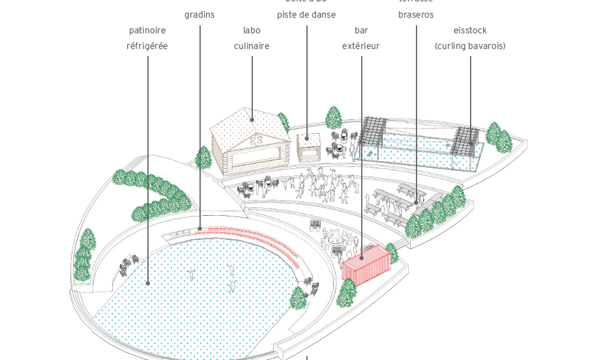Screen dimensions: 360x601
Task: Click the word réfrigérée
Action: coord(147,46)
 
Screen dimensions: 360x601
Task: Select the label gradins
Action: coord(199,15)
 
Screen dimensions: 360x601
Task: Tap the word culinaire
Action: coord(252,46)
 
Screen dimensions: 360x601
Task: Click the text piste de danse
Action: coord(306,15)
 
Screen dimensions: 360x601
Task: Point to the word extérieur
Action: coord(360,46)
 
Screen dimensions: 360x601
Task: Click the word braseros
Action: coord(416,15)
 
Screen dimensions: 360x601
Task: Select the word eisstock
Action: coord(470,31)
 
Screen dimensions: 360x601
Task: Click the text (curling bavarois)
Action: coord(470,46)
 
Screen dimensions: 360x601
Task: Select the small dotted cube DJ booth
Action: coord(308,147)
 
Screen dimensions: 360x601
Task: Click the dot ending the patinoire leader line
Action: coord(148,283)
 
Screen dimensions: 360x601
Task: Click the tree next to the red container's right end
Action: coord(391,252)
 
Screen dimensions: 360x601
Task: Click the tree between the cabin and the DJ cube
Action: coord(284,123)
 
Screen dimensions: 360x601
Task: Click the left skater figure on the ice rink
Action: coord(191,273)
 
